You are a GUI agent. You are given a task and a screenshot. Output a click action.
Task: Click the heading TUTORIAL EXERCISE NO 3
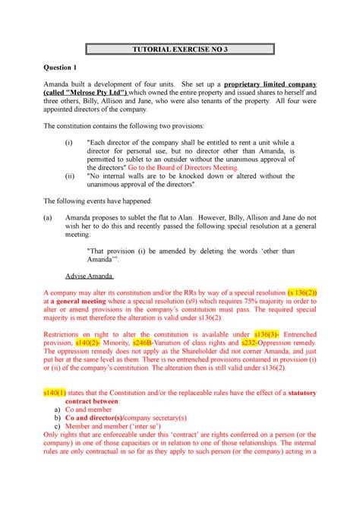(x=180, y=51)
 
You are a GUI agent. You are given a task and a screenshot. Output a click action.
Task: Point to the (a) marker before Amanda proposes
(x=48, y=215)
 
